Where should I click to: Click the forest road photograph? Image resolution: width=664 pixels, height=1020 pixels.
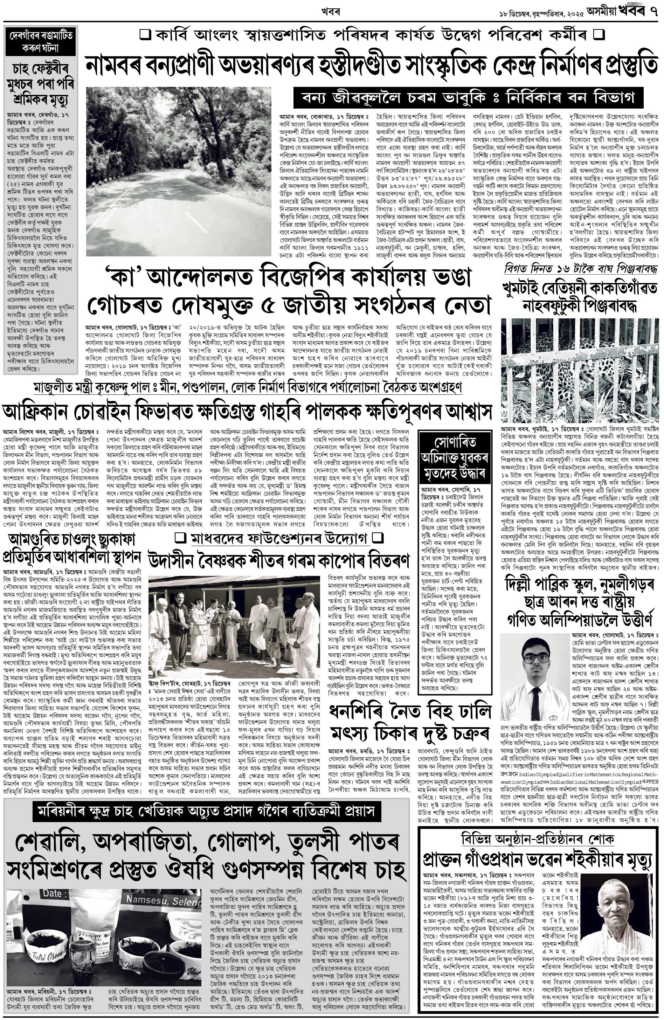point(179,171)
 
